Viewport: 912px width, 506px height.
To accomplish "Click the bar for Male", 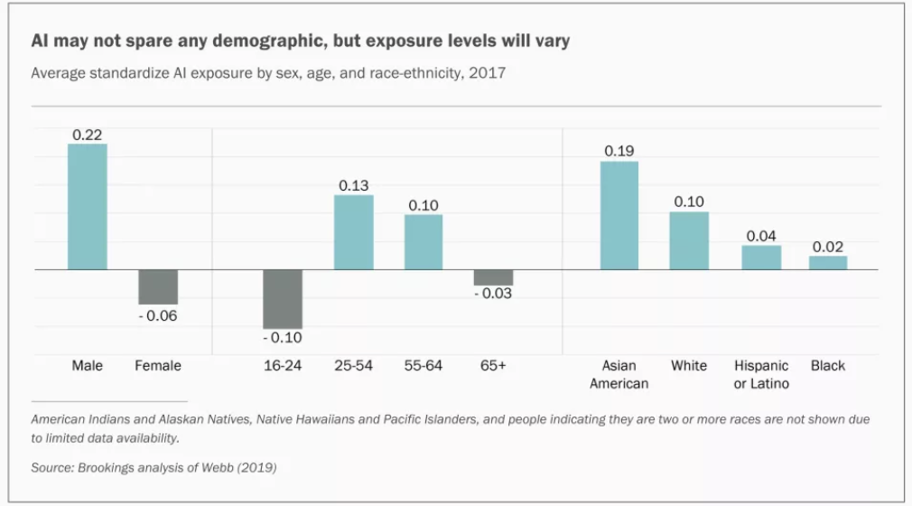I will [88, 207].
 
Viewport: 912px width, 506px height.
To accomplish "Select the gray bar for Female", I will [158, 286].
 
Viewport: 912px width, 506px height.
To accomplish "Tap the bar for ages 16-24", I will [283, 299].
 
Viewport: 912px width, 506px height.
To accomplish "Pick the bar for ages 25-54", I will [354, 232].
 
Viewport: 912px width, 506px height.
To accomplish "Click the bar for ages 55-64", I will [423, 242].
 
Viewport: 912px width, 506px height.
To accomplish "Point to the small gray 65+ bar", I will [493, 277].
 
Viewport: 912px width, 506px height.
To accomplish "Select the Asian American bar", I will [619, 215].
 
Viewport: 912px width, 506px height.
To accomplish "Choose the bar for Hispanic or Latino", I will [761, 258].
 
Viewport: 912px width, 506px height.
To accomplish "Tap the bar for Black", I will [828, 263].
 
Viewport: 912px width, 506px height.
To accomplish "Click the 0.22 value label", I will [88, 134].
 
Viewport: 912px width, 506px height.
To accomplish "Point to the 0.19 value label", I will [619, 151].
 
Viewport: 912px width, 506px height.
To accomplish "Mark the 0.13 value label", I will [354, 185].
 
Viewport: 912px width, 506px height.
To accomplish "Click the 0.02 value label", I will [828, 246].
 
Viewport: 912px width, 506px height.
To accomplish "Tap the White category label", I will [689, 366].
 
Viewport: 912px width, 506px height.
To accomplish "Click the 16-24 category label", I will [283, 366].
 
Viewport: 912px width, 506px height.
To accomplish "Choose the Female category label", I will [158, 366].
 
